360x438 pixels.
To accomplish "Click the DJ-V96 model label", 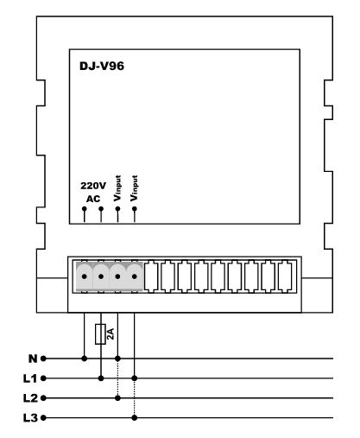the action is [x=102, y=66].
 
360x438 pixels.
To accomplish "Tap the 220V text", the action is [x=93, y=186].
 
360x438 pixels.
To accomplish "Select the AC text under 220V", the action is [x=93, y=199].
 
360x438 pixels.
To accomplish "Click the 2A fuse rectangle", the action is [x=100, y=334].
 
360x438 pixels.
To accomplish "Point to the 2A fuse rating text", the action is [x=111, y=333].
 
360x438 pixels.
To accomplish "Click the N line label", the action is [x=33, y=359].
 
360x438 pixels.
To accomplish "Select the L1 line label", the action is [x=30, y=378].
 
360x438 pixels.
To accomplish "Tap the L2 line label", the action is [x=30, y=398].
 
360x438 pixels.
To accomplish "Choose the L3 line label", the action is [x=30, y=418].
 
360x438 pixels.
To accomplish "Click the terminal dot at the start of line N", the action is [x=43, y=359].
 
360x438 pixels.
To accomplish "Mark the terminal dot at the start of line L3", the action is [x=43, y=417].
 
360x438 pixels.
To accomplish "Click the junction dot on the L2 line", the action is [x=117, y=398].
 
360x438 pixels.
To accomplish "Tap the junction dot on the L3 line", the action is [x=135, y=417].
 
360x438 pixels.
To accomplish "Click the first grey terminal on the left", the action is [x=85, y=276].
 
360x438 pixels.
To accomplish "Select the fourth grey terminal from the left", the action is [x=135, y=276].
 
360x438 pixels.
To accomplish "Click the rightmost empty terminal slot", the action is [x=285, y=276].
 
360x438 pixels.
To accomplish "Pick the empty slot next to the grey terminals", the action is [x=151, y=276].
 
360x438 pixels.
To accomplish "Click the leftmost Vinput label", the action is [x=117, y=188].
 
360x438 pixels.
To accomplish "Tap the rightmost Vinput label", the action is [x=134, y=188].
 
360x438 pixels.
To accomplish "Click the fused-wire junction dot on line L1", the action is [x=101, y=378].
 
